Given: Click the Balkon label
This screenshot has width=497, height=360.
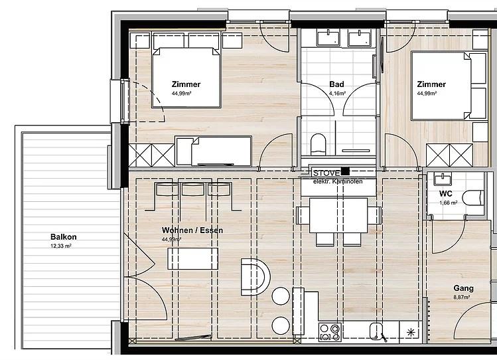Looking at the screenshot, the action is (64, 237).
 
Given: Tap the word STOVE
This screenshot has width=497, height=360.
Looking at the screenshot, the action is (326, 173).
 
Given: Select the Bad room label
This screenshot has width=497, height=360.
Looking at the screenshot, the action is (336, 84).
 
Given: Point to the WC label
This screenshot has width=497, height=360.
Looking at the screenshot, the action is (446, 194).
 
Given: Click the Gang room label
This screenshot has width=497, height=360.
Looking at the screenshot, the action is (463, 288).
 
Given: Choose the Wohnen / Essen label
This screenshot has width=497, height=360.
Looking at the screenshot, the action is (192, 230).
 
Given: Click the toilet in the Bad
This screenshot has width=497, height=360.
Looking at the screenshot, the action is (319, 144).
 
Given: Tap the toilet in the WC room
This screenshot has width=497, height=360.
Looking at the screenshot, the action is (473, 198).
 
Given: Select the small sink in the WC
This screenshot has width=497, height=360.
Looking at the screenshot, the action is (442, 179).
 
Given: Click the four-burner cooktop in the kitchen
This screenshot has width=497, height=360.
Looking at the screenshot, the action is (330, 332).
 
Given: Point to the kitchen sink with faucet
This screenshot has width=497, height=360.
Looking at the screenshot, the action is (378, 331).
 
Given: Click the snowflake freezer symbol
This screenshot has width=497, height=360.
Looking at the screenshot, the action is (411, 332).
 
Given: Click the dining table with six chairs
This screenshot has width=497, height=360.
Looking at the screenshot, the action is (338, 221).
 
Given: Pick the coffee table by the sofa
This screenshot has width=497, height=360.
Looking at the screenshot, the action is (192, 259).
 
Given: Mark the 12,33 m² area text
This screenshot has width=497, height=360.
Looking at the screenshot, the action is (61, 246).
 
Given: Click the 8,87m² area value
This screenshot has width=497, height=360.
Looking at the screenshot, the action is (462, 298).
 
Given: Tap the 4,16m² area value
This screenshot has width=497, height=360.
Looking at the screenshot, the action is (337, 94).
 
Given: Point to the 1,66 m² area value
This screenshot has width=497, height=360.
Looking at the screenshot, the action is (448, 203).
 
